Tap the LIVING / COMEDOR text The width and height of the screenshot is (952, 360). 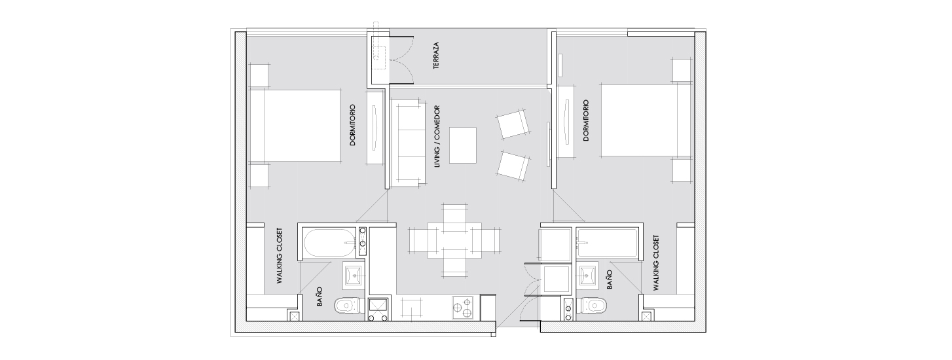tap(437, 136)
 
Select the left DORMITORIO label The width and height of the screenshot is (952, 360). tap(352, 126)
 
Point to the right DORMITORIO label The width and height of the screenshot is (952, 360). tap(587, 120)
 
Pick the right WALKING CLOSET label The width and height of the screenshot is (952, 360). tap(657, 262)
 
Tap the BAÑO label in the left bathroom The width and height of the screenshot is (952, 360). tap(319, 297)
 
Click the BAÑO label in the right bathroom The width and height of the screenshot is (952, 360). tap(610, 279)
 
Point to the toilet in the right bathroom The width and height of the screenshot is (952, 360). tap(592, 305)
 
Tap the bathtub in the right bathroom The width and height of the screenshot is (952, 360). tap(607, 243)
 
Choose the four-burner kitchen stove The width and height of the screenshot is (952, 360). tap(463, 307)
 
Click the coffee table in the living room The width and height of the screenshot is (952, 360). tap(463, 145)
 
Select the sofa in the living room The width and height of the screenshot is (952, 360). tap(409, 143)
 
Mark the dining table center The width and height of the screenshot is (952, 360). tap(455, 240)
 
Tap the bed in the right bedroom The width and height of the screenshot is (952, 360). tap(646, 120)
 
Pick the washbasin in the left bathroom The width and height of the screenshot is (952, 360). tap(354, 275)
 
